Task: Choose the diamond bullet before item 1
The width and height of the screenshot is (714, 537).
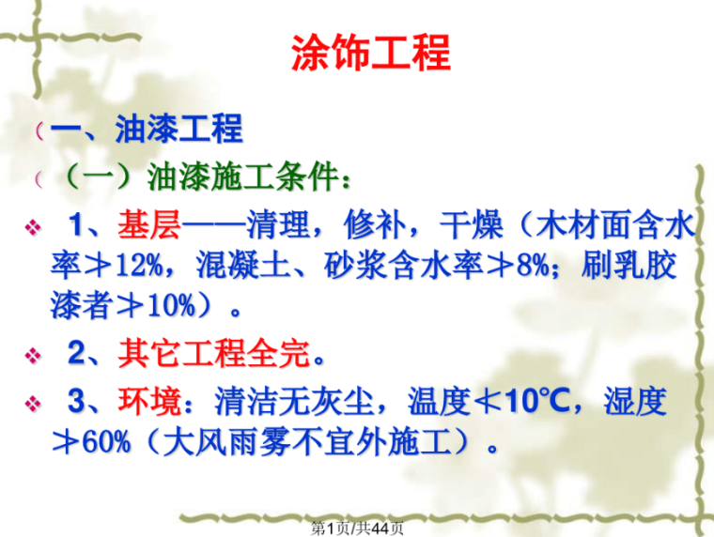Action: (33, 227)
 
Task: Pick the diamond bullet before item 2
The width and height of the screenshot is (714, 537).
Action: (33, 356)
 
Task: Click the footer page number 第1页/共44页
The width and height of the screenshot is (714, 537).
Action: (358, 528)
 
